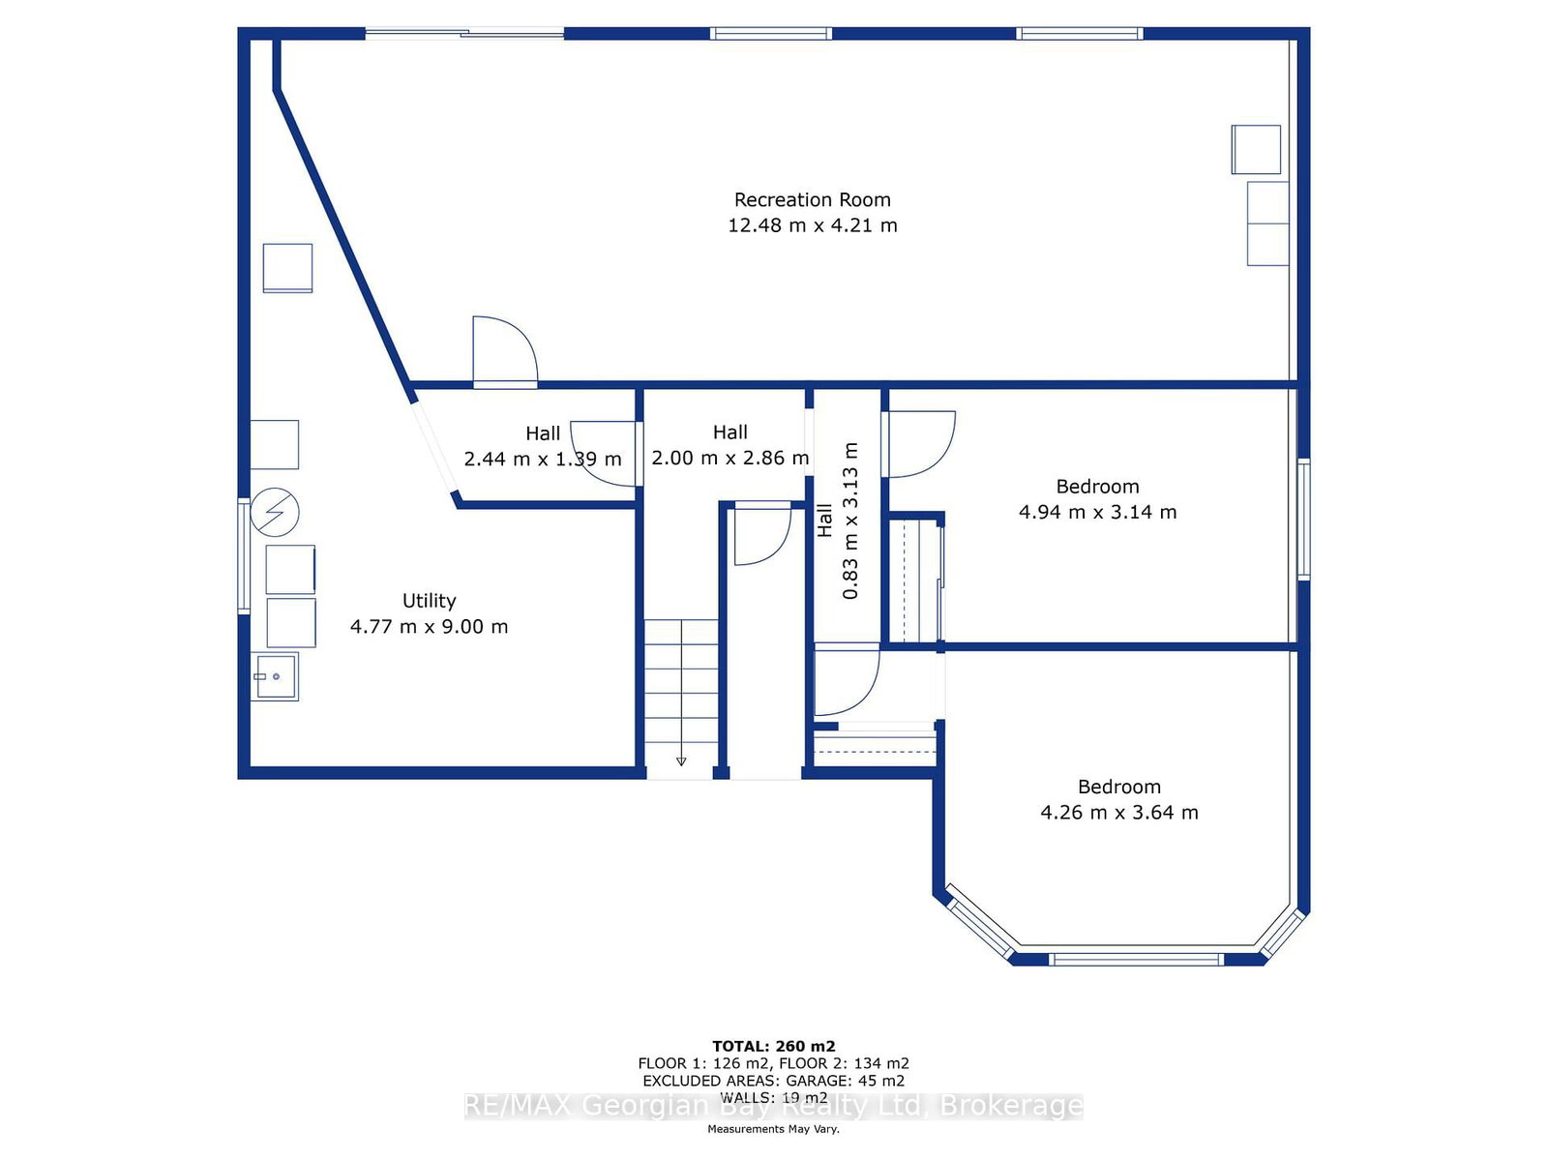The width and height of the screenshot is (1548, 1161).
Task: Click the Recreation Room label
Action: [812, 200]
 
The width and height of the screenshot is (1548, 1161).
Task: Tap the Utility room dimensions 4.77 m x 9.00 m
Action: [429, 627]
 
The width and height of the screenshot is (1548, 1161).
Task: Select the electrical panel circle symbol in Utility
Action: [275, 512]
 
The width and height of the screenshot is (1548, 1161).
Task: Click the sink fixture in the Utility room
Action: [275, 676]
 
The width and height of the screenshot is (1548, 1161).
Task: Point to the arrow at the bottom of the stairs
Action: [681, 761]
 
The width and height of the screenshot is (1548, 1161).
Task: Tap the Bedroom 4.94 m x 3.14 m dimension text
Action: [1097, 513]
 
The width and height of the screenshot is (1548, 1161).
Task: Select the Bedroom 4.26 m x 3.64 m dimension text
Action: [1119, 813]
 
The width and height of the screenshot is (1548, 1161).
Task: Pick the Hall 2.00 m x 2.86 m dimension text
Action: [729, 459]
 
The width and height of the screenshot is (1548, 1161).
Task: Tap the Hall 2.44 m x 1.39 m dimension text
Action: [543, 460]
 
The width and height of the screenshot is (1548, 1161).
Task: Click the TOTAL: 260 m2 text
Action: [774, 1046]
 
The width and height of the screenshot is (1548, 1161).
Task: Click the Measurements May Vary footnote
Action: [774, 1128]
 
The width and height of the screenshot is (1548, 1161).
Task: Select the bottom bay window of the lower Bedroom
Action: [1136, 960]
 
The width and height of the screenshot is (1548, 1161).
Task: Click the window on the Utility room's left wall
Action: [243, 554]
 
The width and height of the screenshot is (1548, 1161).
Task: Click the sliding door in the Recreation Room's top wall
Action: [464, 33]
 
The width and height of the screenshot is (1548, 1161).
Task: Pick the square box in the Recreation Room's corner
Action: [1256, 149]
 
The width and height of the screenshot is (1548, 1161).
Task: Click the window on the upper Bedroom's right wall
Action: [1304, 520]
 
